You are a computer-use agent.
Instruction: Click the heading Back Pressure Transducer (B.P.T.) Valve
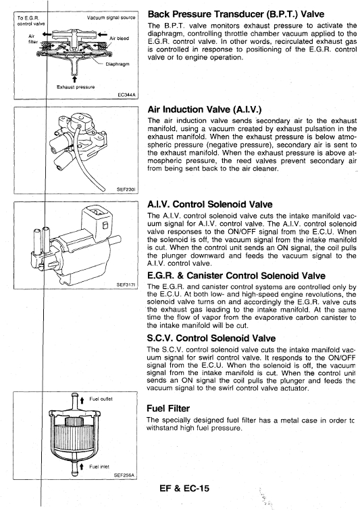pyautogui.click(x=236, y=14)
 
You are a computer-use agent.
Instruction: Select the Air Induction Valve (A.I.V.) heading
pyautogui.click(x=205, y=109)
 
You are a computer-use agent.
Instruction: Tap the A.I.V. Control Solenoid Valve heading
pyautogui.click(x=210, y=204)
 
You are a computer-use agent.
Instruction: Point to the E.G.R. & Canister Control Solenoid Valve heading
pyautogui.click(x=236, y=276)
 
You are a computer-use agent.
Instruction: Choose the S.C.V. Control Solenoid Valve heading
pyautogui.click(x=211, y=338)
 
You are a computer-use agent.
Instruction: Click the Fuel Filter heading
pyautogui.click(x=168, y=408)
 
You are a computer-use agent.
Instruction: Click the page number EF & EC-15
pyautogui.click(x=184, y=488)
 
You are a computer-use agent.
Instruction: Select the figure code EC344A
pyautogui.click(x=126, y=95)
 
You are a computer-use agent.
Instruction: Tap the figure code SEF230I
pyautogui.click(x=126, y=189)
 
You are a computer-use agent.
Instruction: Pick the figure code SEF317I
pyautogui.click(x=126, y=285)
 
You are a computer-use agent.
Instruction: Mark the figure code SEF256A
pyautogui.click(x=124, y=475)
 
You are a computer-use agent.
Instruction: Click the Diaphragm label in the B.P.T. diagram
pyautogui.click(x=118, y=64)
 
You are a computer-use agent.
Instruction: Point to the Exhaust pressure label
pyautogui.click(x=76, y=87)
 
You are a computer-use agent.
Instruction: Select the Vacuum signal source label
pyautogui.click(x=111, y=18)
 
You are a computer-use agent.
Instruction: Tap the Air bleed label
pyautogui.click(x=119, y=39)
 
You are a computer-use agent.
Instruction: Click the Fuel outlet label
pyautogui.click(x=101, y=399)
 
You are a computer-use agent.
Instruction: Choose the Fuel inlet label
pyautogui.click(x=99, y=466)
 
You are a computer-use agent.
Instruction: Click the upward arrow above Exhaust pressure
pyautogui.click(x=74, y=80)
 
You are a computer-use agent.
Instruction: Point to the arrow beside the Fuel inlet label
pyautogui.click(x=82, y=466)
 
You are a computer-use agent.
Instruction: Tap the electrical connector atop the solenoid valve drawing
pyautogui.click(x=97, y=217)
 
